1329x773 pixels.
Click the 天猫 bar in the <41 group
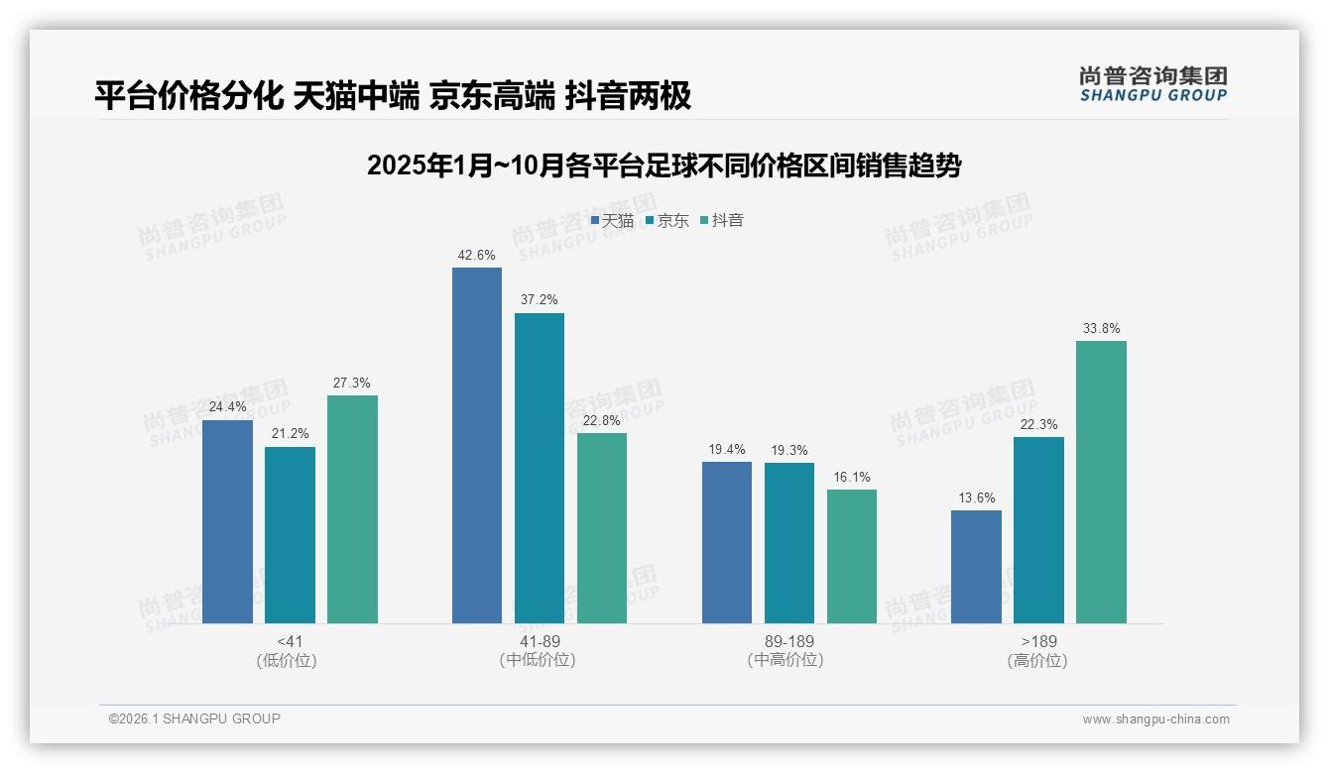click(x=227, y=521)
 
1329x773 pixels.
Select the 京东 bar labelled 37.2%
click(x=539, y=468)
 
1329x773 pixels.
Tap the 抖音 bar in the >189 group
click(x=1101, y=482)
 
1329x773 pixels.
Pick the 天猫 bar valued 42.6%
click(x=477, y=445)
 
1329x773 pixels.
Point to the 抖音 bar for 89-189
click(x=852, y=556)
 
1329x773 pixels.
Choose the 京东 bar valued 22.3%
click(x=1038, y=530)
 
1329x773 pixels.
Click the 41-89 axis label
click(x=539, y=641)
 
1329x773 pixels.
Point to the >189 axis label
click(x=1037, y=641)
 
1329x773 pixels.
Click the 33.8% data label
click(x=1101, y=329)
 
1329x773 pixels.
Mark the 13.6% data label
click(x=976, y=498)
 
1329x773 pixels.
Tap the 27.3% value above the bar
click(x=352, y=384)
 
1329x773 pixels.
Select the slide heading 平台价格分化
click(x=393, y=96)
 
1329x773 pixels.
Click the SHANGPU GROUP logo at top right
click(x=1152, y=84)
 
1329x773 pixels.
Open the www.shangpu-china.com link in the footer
click(x=1155, y=719)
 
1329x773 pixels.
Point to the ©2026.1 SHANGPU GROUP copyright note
click(x=194, y=718)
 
